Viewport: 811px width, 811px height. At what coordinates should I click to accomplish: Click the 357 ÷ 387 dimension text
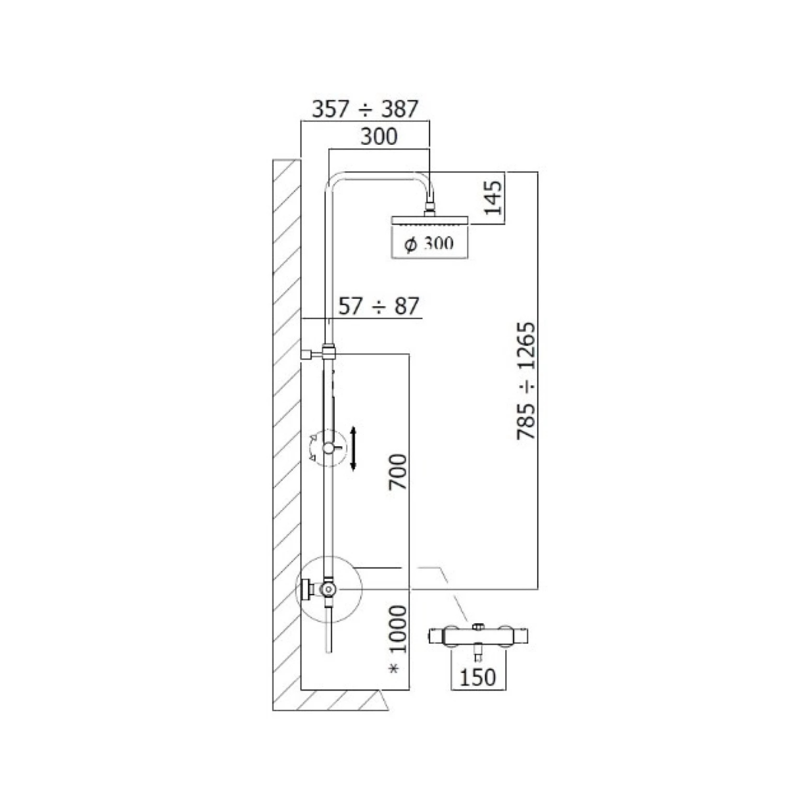(x=365, y=109)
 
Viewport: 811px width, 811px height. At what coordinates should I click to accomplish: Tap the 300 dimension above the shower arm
(x=379, y=136)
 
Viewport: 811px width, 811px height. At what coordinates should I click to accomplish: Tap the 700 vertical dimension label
(x=397, y=471)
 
